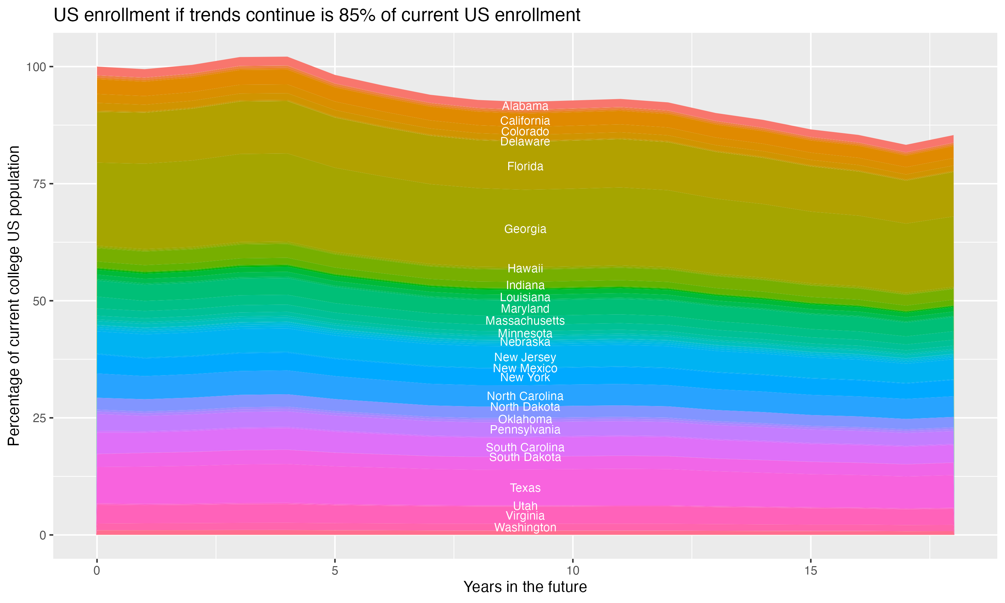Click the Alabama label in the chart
pyautogui.click(x=525, y=106)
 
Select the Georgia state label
pyautogui.click(x=525, y=229)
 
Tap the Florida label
pyautogui.click(x=525, y=166)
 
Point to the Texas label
pyautogui.click(x=525, y=488)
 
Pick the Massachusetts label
pyautogui.click(x=525, y=321)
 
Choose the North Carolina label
pyautogui.click(x=525, y=396)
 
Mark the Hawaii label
pyautogui.click(x=525, y=269)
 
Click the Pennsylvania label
pyautogui.click(x=525, y=430)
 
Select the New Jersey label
pyautogui.click(x=525, y=357)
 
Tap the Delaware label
pyautogui.click(x=525, y=142)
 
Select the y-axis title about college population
pyautogui.click(x=14, y=296)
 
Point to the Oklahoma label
pyautogui.click(x=525, y=419)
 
